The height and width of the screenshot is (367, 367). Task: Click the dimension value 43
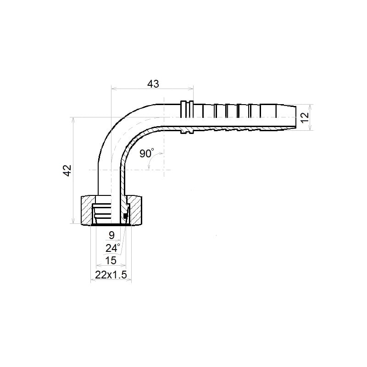click(153, 84)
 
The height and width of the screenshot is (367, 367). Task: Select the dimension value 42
click(67, 170)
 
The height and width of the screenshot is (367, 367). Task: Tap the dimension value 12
click(305, 117)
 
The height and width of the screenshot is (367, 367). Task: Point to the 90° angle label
click(147, 153)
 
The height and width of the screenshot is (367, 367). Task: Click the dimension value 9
click(111, 235)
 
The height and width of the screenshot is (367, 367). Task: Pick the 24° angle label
click(112, 248)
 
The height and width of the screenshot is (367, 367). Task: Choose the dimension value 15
click(111, 261)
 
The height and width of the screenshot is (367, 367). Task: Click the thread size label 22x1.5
click(111, 275)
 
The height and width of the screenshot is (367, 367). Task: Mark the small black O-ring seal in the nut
click(125, 216)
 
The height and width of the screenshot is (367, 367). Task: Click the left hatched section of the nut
click(87, 210)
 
